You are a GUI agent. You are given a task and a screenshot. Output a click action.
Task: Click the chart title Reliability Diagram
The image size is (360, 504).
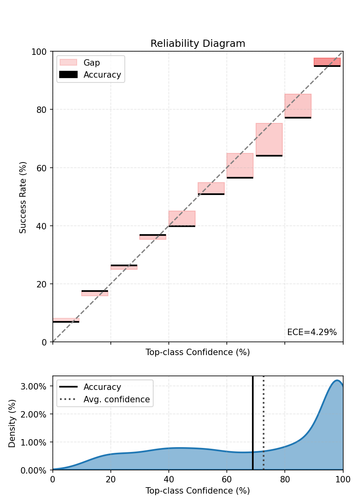198,44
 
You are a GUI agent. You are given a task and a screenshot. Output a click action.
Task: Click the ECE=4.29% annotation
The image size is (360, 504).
312,332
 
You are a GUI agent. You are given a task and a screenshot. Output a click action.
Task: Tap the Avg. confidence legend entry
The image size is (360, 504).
116,400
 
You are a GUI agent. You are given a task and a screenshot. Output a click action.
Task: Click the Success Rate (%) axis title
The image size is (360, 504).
23,197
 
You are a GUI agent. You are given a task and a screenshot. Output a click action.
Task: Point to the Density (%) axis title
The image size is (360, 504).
12,423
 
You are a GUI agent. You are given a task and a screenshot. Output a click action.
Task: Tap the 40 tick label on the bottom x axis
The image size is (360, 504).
168,478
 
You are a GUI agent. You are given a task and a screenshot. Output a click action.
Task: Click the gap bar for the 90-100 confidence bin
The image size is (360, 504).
327,62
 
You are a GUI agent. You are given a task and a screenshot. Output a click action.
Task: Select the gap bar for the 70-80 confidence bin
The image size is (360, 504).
269,139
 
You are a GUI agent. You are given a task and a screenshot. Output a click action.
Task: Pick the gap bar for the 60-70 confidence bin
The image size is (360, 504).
240,165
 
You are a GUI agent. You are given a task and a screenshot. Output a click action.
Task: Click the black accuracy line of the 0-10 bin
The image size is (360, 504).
66,322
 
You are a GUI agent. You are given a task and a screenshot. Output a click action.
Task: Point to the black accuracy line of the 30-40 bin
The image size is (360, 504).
153,235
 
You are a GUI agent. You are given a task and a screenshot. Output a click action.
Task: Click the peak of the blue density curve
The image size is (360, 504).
337,381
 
